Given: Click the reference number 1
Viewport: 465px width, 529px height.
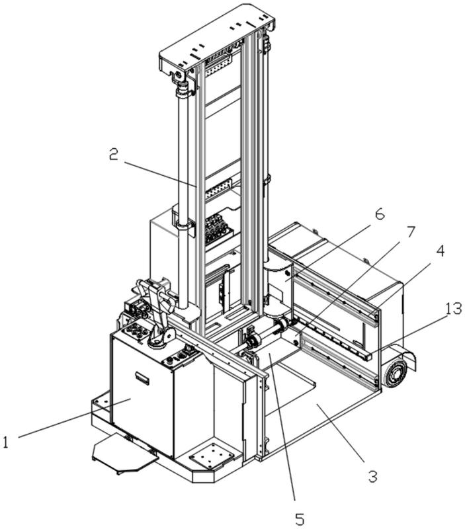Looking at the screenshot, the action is point(5,442).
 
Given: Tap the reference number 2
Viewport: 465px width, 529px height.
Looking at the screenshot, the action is point(114,154).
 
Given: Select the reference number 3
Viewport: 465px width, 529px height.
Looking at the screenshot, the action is point(372,477).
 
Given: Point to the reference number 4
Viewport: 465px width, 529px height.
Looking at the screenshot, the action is point(440,251).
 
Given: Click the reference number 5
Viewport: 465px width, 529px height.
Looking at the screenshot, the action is point(300,518).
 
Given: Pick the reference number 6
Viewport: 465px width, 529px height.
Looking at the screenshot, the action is point(380,214).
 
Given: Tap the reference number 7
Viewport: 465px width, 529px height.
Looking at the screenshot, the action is point(410,232).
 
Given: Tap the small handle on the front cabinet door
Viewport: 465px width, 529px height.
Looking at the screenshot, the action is point(142,378).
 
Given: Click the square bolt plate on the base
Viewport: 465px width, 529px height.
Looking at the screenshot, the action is point(212,456).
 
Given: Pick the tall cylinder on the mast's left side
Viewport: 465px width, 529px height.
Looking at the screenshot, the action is point(183,199).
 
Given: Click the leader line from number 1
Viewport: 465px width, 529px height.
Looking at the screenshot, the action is point(74,418).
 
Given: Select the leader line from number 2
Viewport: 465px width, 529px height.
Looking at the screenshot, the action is point(160,175).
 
